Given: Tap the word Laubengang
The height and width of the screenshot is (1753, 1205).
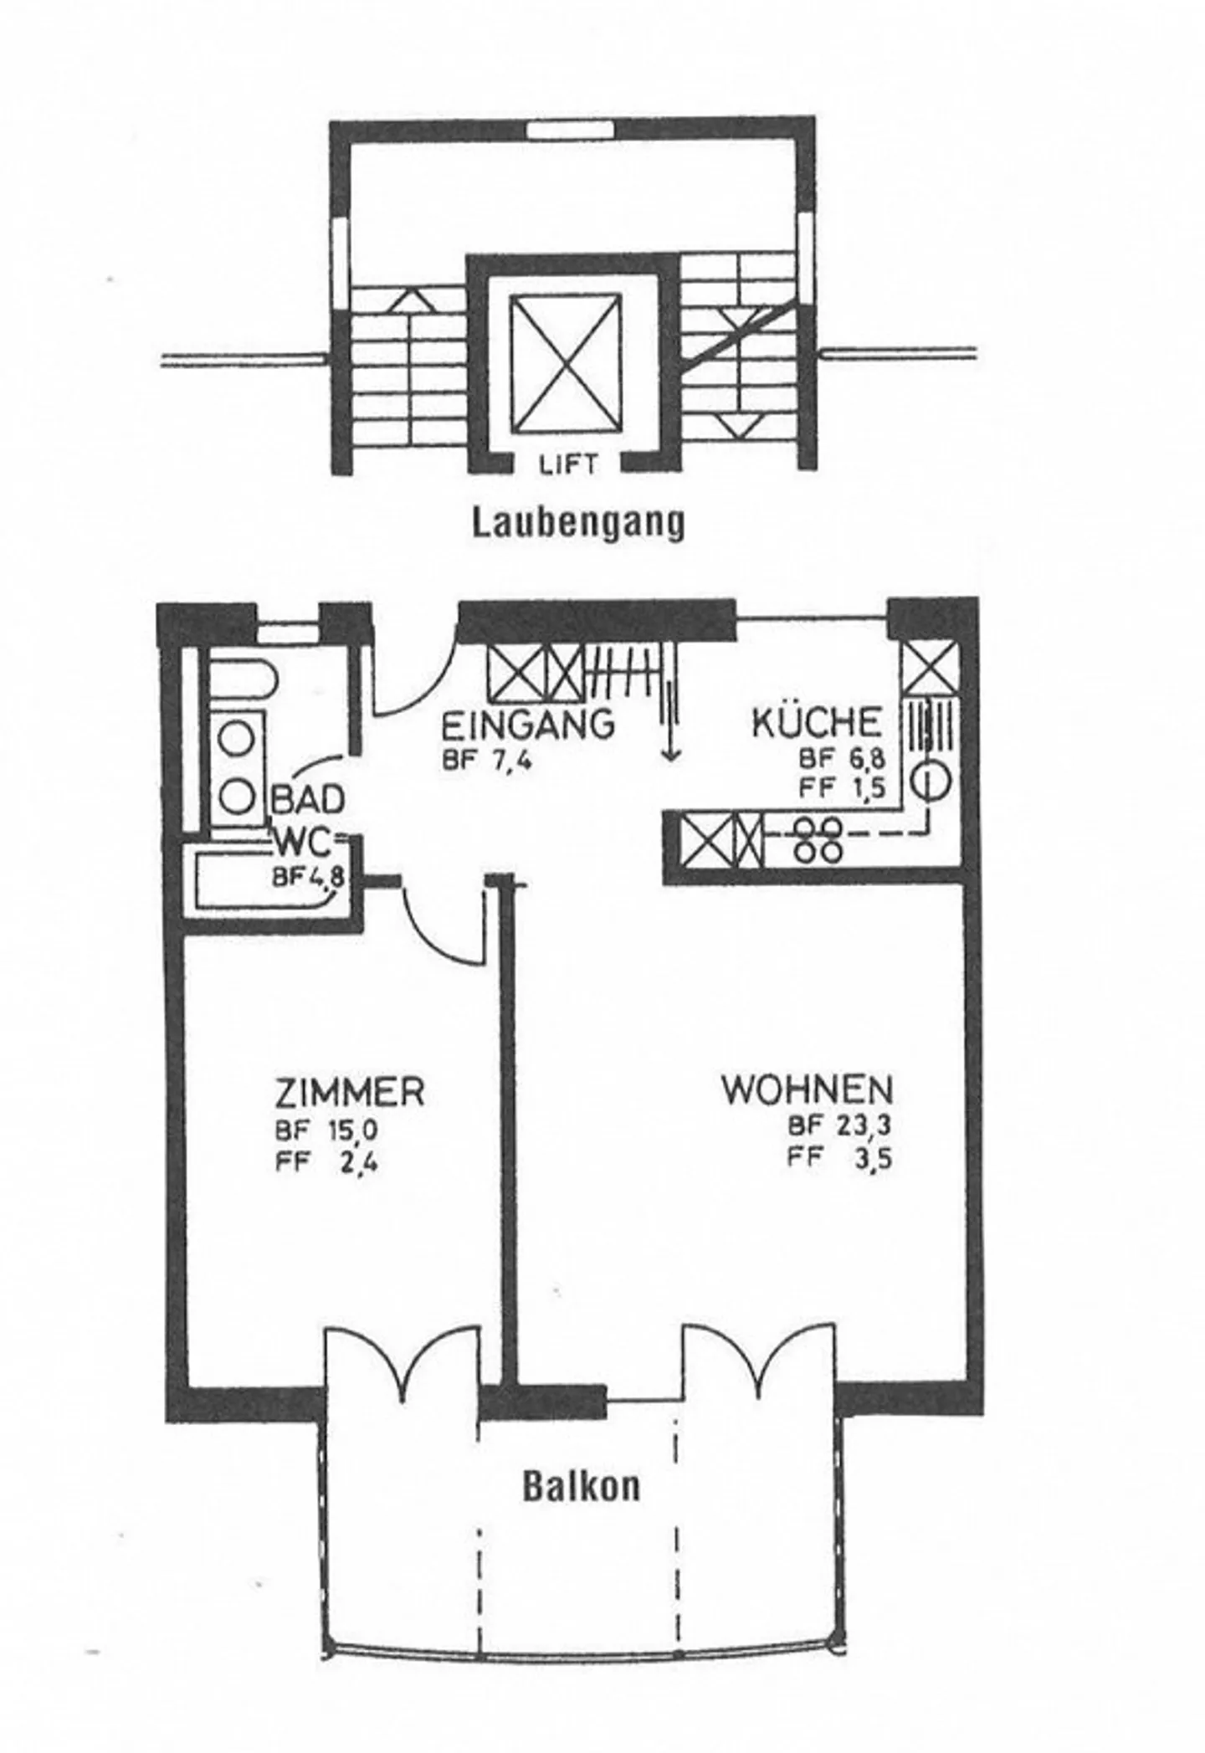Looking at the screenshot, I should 578,524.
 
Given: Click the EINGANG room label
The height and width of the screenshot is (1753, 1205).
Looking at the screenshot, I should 527,724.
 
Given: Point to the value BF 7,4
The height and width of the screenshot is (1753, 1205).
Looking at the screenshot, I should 488,761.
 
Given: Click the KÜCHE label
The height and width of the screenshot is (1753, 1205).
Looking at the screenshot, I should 817,724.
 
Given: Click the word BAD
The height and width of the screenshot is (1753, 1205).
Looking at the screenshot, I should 306,800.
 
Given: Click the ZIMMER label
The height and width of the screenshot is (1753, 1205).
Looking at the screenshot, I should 350,1093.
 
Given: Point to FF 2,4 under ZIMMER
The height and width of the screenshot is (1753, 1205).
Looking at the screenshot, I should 326,1163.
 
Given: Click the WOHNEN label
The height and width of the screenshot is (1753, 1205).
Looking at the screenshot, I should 807,1090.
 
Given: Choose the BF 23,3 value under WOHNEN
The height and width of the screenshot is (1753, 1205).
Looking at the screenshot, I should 839,1126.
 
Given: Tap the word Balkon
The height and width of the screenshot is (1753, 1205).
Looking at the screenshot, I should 582,1486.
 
